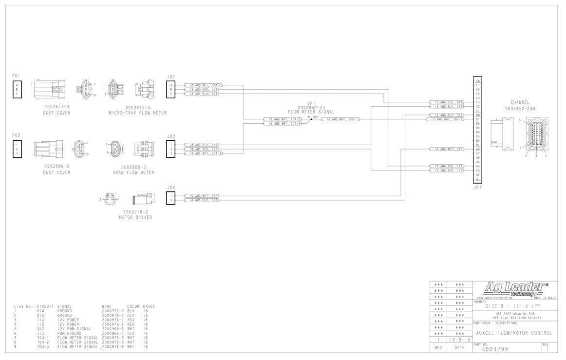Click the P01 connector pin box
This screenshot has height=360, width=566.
[17, 89]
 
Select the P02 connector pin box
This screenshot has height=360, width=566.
[17, 149]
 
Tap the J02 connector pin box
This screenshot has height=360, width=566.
[171, 89]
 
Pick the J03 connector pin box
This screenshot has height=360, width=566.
[171, 149]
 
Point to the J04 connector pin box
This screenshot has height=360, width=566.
[171, 198]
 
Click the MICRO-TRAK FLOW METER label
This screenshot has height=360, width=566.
[138, 113]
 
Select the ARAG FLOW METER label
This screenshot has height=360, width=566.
[133, 172]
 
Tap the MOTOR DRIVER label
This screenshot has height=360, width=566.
[135, 217]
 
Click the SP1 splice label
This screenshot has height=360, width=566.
[311, 103]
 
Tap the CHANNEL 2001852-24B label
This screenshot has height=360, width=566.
[520, 105]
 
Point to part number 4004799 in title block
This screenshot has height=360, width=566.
[495, 349]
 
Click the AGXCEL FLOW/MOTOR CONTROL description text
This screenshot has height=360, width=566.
[513, 333]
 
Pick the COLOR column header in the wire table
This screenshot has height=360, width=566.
[133, 306]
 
